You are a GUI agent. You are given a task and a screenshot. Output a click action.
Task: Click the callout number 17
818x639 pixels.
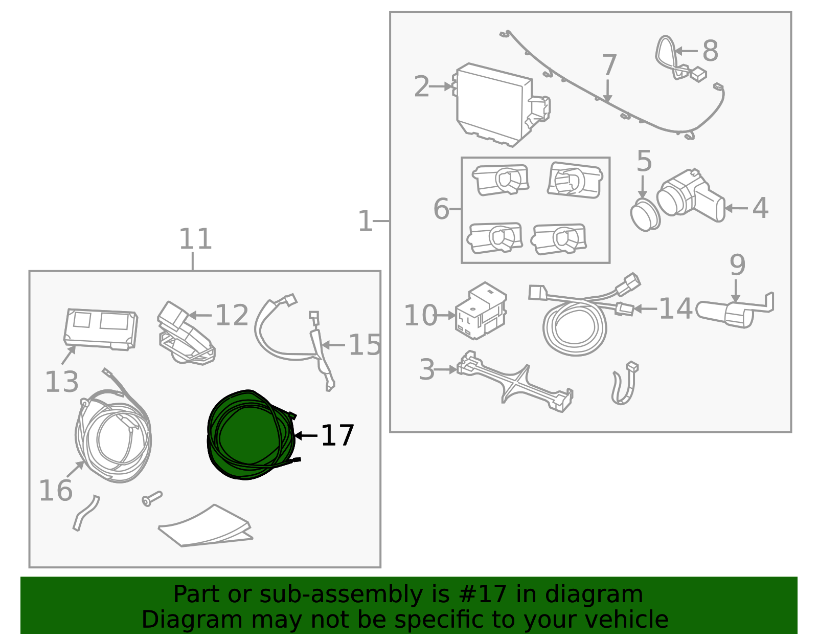[x=337, y=435]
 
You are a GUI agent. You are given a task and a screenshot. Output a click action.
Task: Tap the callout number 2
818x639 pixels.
[x=421, y=86]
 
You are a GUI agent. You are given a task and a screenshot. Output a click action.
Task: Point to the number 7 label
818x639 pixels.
[x=609, y=65]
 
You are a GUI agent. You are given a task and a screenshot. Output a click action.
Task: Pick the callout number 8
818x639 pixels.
[x=710, y=51]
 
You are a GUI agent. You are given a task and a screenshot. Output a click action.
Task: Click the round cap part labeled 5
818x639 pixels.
[x=645, y=215]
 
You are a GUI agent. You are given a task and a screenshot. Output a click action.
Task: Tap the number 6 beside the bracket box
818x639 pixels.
[x=441, y=209]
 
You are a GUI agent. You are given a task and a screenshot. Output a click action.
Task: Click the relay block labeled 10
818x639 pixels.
[x=481, y=311]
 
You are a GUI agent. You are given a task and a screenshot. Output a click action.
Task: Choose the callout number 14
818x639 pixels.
[x=676, y=309]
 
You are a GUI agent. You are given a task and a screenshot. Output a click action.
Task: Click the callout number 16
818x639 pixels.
[x=56, y=490]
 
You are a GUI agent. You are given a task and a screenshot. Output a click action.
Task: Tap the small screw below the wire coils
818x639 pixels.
[x=152, y=499]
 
